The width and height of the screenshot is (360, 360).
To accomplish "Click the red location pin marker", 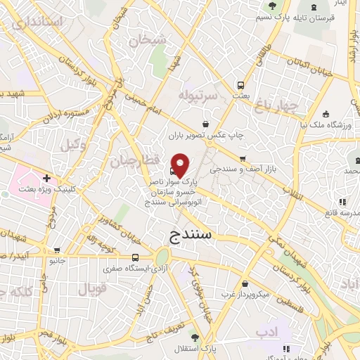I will pos(180,165).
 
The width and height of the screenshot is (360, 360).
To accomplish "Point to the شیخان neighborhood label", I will pos(147,40).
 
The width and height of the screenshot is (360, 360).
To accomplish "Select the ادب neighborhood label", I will pos(266,330).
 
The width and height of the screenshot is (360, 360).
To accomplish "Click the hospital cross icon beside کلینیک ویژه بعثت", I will pos(46,178).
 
